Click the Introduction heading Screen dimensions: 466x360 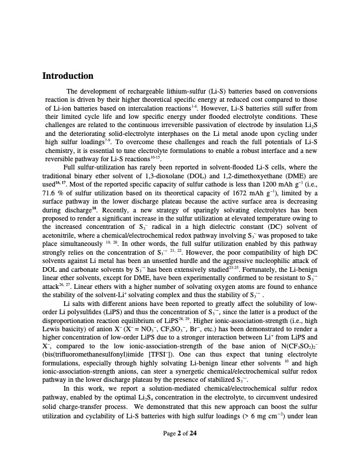coord(68,76)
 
